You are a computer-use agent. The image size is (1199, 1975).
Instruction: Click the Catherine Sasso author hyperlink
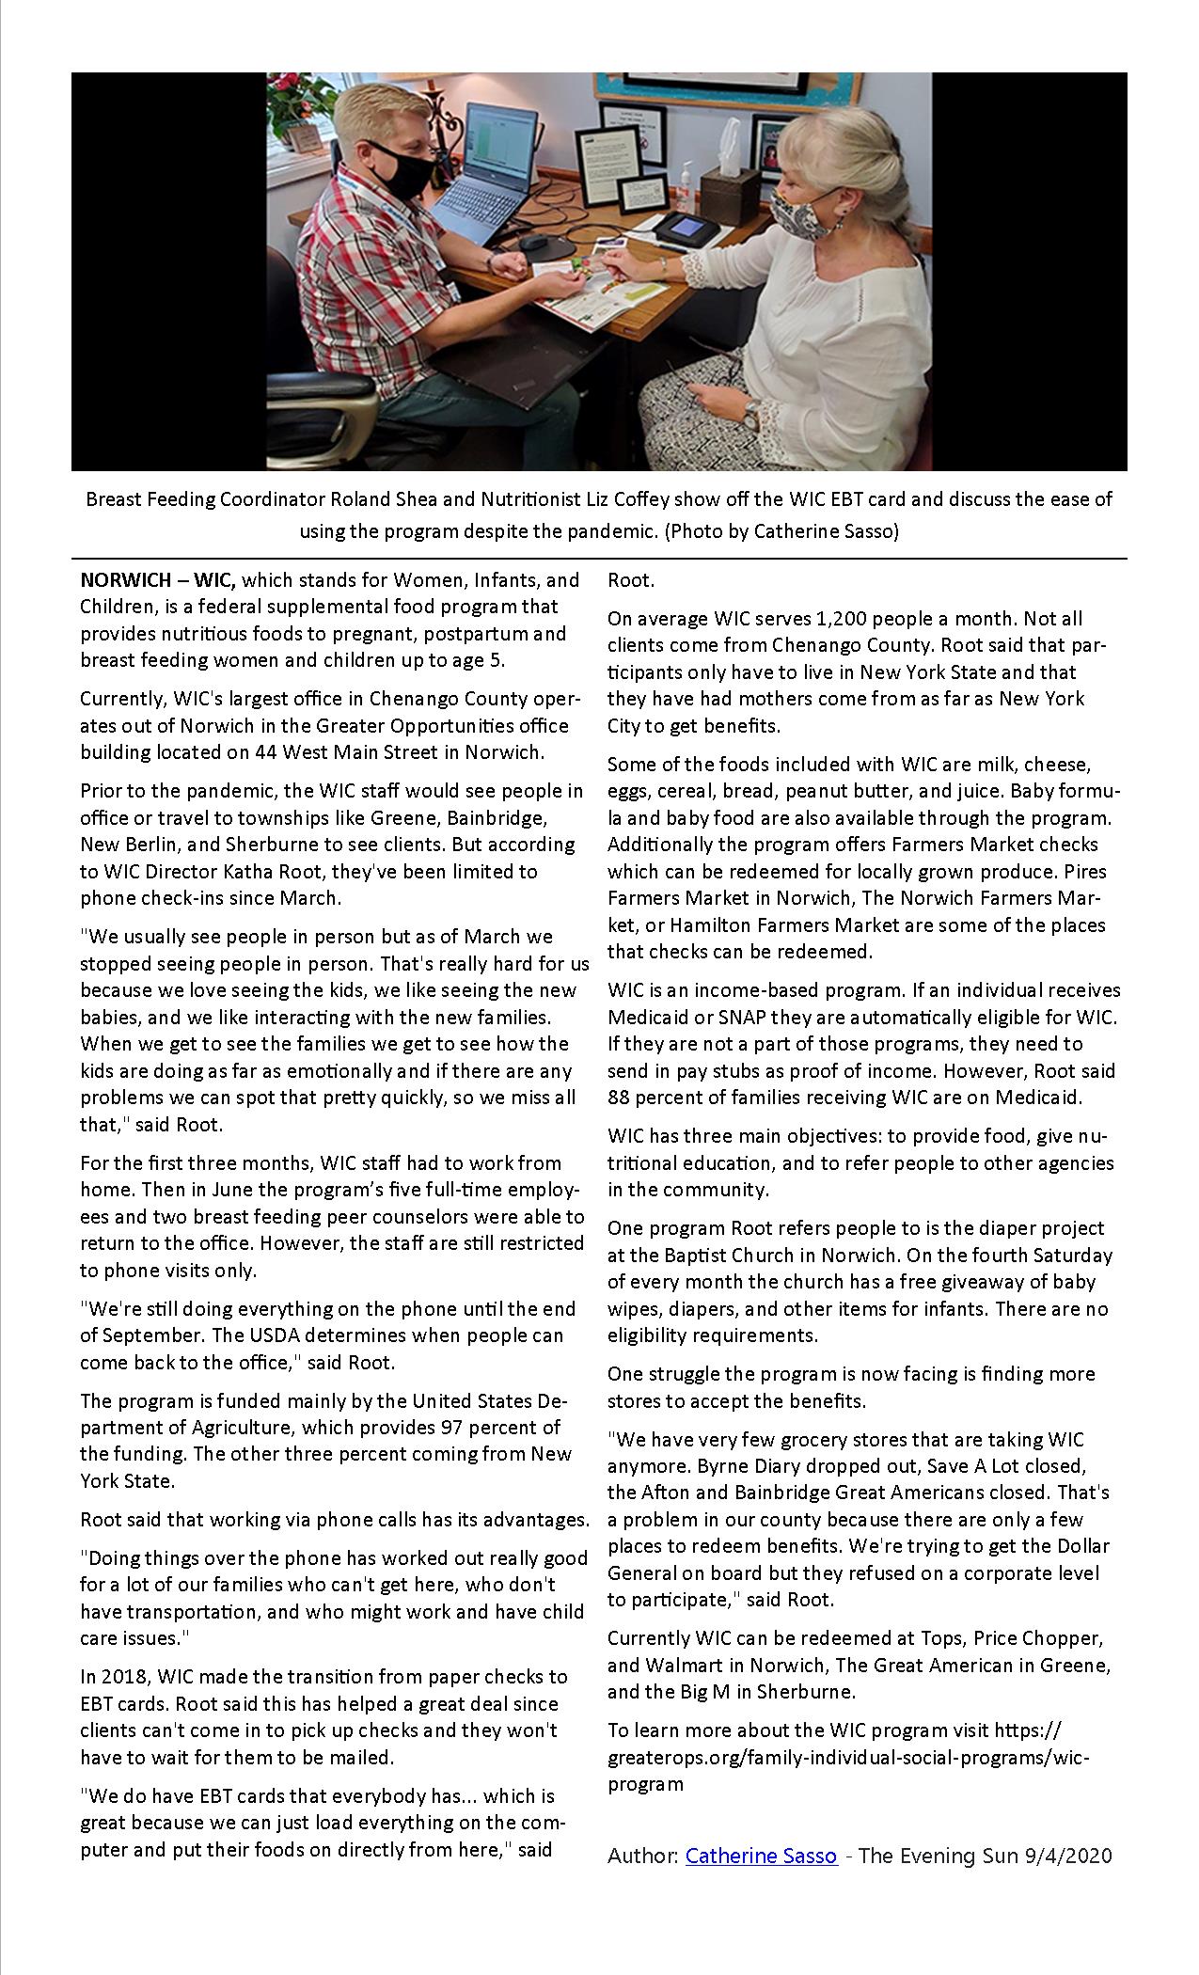[x=761, y=1856]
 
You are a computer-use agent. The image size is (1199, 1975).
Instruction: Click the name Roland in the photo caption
[x=358, y=499]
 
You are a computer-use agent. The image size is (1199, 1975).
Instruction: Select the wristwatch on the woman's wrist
[x=751, y=411]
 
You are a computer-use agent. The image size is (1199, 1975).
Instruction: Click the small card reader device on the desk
[x=686, y=229]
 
